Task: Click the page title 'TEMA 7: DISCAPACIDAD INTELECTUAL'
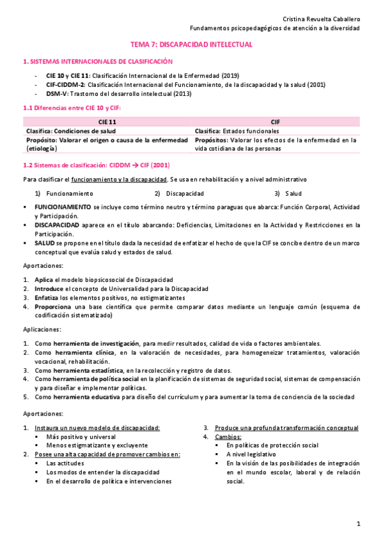point(191,45)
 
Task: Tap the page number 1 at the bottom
point(359,524)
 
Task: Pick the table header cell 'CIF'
point(276,121)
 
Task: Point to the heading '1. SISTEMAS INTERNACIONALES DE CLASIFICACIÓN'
point(98,62)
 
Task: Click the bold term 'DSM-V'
point(57,94)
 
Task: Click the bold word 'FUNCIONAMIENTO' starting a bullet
point(63,208)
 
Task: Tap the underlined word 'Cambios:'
point(229,437)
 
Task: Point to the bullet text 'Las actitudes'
point(66,463)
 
